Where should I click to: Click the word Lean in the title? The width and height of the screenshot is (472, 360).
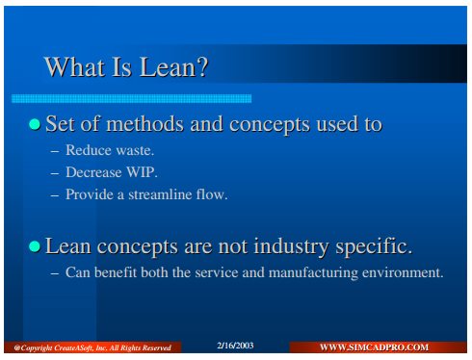click(x=167, y=67)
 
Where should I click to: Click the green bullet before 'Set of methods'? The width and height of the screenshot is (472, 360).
click(x=35, y=124)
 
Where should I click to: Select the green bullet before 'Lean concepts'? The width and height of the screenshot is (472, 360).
click(x=35, y=246)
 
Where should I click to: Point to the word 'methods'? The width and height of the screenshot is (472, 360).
click(x=144, y=124)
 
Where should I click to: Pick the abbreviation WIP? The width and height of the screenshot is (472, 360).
click(x=141, y=172)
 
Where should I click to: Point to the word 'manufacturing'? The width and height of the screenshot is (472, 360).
click(x=313, y=273)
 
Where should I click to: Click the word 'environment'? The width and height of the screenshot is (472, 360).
click(x=401, y=272)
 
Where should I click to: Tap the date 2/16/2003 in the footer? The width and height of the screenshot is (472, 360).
click(x=235, y=346)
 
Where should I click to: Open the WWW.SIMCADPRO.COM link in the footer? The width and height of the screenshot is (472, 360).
click(x=374, y=347)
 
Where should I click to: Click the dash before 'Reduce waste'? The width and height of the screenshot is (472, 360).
click(x=55, y=151)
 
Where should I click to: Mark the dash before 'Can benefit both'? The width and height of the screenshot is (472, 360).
click(x=55, y=273)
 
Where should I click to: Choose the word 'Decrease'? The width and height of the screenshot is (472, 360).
click(x=93, y=172)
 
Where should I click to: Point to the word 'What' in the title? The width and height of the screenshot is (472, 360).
click(x=74, y=67)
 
